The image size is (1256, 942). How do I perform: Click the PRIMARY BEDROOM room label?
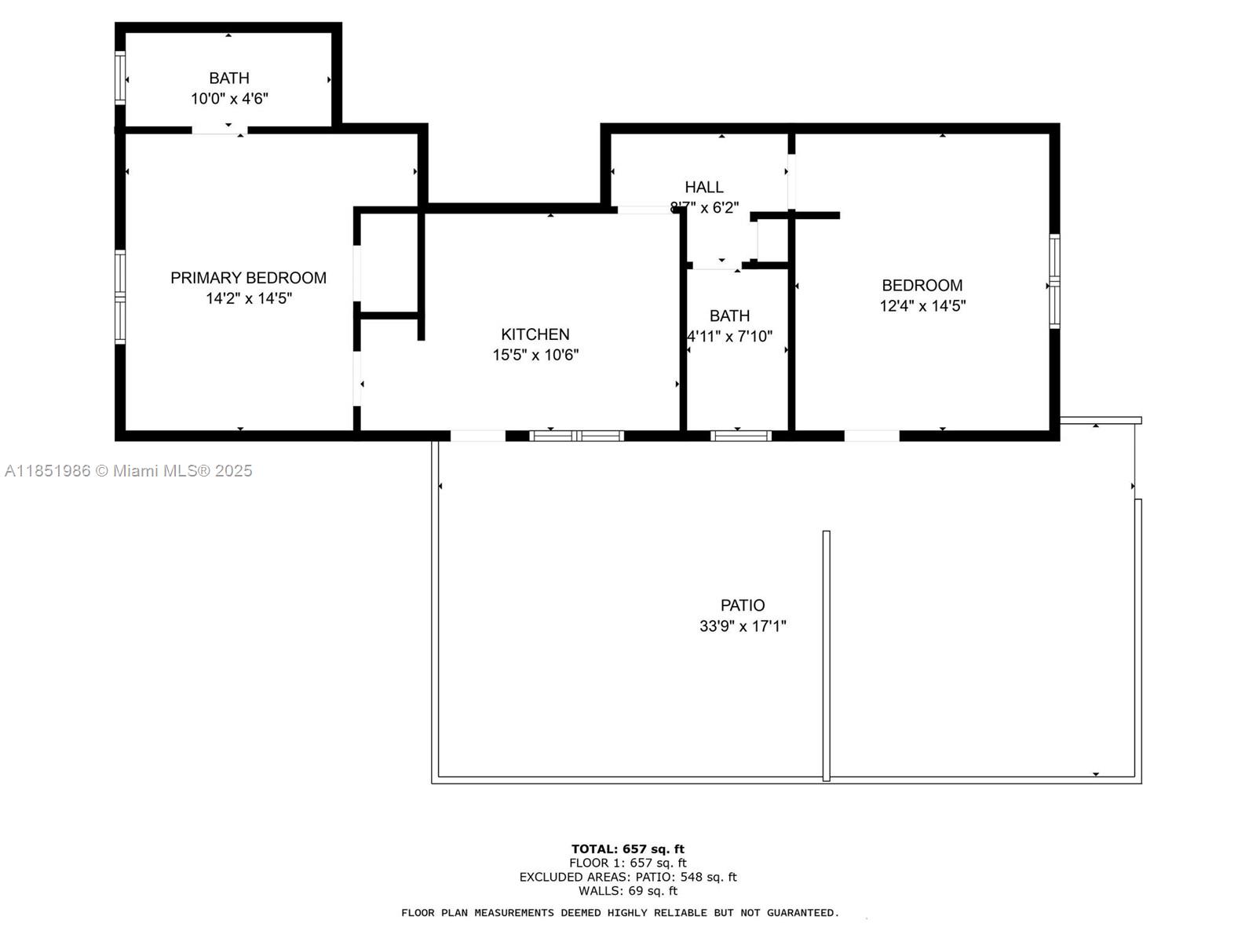248,278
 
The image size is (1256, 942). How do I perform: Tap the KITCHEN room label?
535,334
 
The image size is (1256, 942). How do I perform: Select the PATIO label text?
743,605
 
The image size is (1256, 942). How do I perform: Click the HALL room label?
704,187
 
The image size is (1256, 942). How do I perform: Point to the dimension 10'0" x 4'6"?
229,99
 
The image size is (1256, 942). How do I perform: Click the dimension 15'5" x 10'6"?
535,355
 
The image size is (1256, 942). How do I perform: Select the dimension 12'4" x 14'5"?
922,306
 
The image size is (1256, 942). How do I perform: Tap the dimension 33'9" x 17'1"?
743,626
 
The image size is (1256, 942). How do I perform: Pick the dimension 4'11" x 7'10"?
730,337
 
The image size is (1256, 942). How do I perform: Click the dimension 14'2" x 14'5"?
249,298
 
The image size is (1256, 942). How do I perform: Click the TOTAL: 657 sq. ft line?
628,849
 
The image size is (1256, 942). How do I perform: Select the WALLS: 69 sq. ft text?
628,891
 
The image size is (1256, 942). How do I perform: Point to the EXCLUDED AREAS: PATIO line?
628,877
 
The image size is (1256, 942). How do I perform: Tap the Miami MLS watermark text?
129,471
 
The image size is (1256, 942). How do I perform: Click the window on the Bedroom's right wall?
1055,281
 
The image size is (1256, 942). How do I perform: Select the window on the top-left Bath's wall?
120,78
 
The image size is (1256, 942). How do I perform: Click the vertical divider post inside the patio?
826,655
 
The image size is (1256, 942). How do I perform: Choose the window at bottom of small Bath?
741,436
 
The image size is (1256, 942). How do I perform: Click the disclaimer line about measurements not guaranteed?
620,913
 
